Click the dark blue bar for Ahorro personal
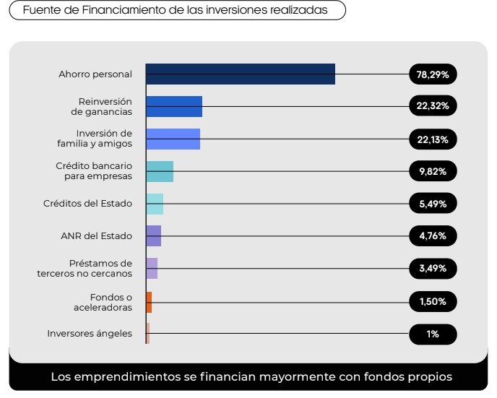240,74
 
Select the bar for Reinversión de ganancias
173,106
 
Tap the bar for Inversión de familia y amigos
173,139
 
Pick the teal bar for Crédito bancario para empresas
160,171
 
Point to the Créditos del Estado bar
155,204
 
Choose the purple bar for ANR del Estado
153,236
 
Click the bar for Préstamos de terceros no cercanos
152,269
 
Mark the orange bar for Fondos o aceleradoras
149,301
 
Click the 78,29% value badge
433,74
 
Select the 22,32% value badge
433,106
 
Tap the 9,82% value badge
433,171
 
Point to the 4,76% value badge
433,236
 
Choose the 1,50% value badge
433,301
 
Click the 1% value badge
433,334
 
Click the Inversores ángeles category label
90,334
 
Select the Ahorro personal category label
95,74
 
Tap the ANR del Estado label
97,236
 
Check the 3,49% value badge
433,269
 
